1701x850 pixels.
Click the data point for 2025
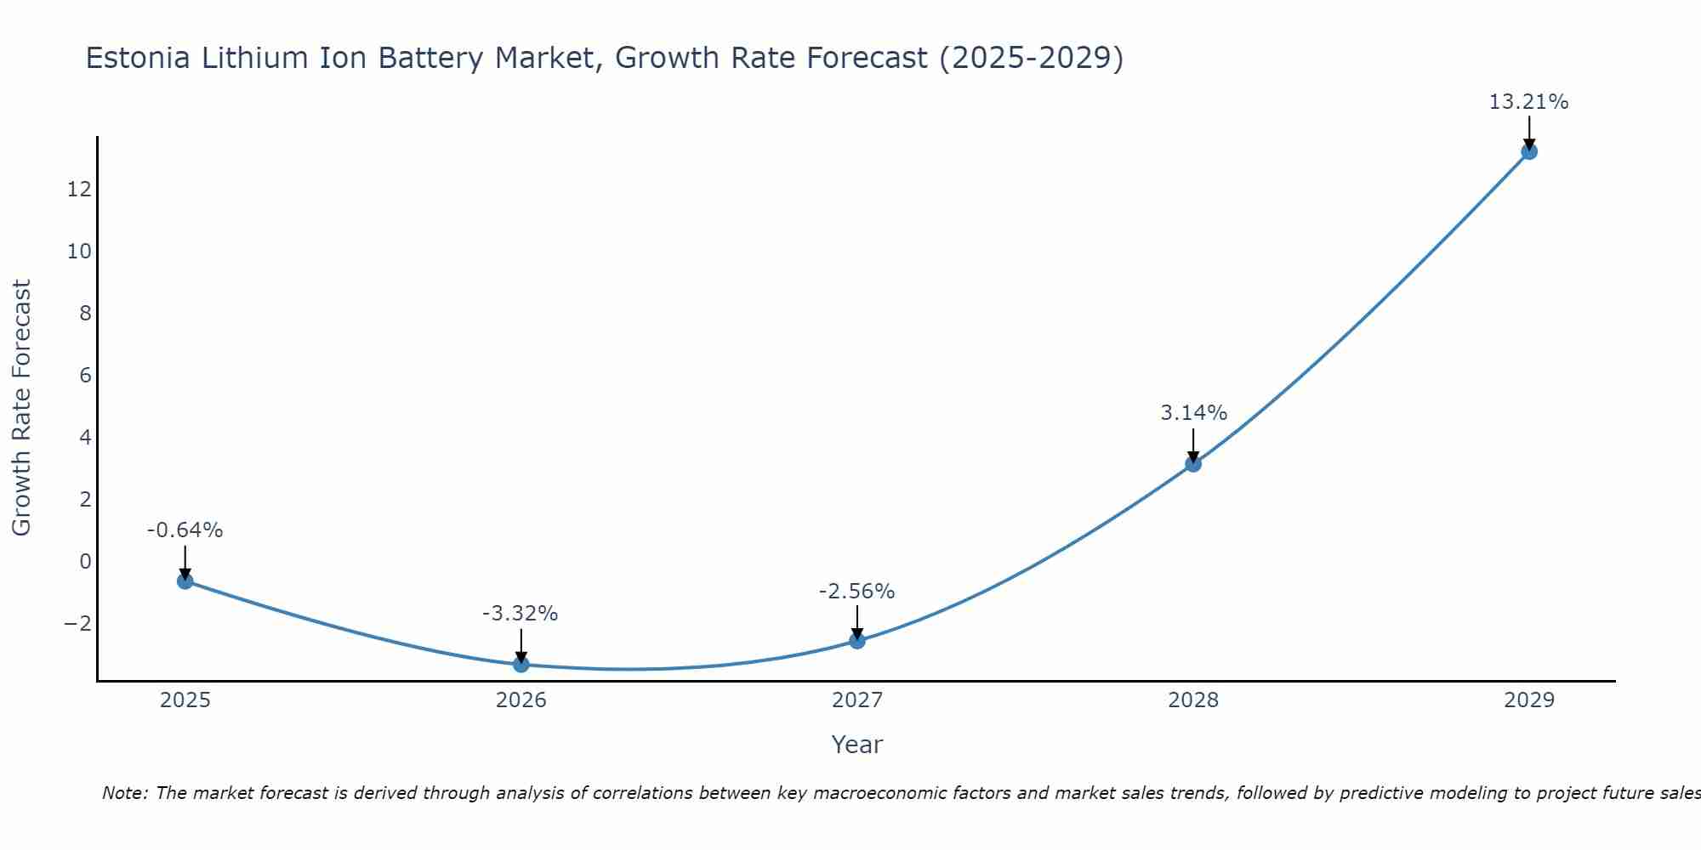tap(185, 581)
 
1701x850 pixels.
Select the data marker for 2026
tap(521, 664)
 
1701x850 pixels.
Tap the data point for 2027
tap(857, 640)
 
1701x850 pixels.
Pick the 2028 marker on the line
tap(1193, 463)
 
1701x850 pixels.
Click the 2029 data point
tap(1529, 151)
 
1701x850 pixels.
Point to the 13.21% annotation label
tap(1528, 102)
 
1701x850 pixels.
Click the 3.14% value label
tap(1193, 413)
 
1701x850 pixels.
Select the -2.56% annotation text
tap(856, 592)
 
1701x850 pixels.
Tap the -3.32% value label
tap(520, 614)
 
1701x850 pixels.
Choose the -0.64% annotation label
tap(185, 530)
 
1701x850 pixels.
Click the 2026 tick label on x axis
tap(521, 700)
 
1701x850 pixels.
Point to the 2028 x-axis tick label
tap(1193, 700)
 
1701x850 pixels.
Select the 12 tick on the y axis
tap(79, 189)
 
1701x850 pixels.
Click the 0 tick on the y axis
tap(85, 561)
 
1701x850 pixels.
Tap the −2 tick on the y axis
tap(77, 624)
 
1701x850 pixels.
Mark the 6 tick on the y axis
tap(85, 375)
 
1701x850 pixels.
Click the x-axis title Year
tap(857, 745)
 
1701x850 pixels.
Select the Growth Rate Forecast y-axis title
tap(21, 408)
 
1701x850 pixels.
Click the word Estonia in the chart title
tap(139, 58)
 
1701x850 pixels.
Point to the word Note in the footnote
tap(124, 793)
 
